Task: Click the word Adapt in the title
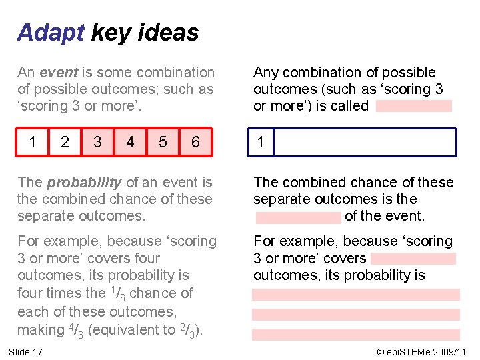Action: point(51,32)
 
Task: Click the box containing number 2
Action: point(65,142)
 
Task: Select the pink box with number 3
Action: point(98,142)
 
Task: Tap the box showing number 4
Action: point(131,142)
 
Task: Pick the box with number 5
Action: point(163,142)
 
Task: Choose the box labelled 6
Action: point(196,142)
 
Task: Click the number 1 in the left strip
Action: point(33,142)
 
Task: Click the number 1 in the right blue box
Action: point(261,142)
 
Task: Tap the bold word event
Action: point(58,72)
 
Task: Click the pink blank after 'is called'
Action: point(413,106)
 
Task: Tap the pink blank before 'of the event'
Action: point(298,217)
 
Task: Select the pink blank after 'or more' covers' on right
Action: point(413,259)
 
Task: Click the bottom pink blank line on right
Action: point(356,335)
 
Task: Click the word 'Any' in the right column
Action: point(266,72)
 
